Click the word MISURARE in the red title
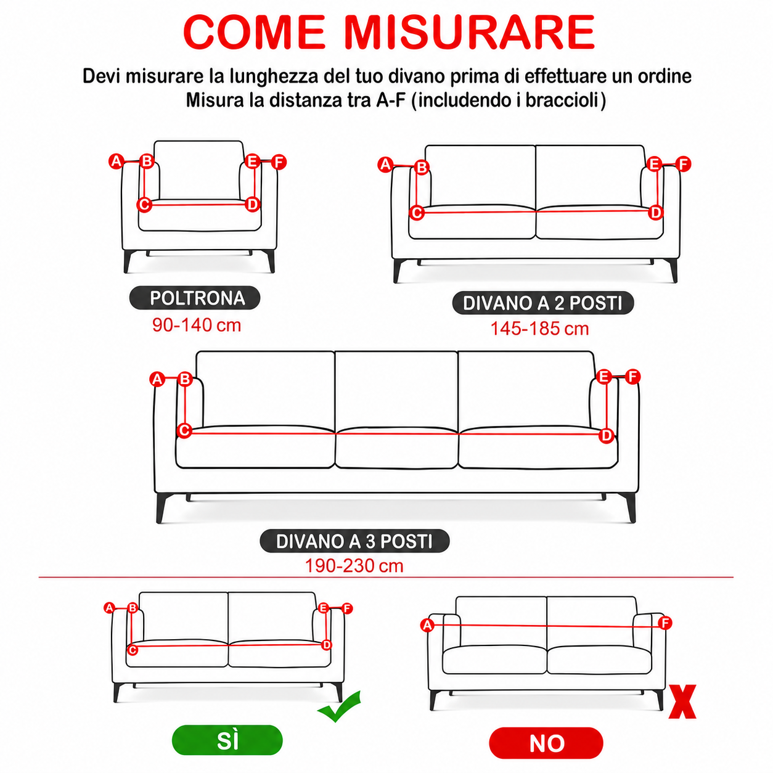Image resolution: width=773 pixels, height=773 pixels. tap(469, 33)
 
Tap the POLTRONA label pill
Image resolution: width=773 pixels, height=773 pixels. tap(195, 298)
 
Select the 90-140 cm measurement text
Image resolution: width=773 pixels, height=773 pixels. tap(197, 325)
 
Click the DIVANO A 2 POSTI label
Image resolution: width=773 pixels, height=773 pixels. tap(543, 303)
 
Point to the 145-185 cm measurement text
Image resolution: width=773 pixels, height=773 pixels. tap(539, 329)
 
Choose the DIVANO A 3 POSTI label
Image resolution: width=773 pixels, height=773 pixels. tap(354, 541)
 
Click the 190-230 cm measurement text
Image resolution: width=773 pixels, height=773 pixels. tap(354, 566)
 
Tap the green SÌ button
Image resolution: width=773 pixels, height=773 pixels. tap(227, 740)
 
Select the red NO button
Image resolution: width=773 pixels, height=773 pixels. tap(546, 743)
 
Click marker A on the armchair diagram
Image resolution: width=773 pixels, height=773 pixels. tap(117, 162)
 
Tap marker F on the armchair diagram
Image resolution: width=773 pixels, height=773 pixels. tap(279, 163)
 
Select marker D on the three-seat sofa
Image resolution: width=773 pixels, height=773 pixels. tap(606, 436)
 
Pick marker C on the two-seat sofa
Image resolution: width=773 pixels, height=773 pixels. tap(417, 213)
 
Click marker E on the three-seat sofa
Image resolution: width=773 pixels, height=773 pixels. tap(603, 377)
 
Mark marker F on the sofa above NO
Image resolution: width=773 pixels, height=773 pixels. tap(665, 623)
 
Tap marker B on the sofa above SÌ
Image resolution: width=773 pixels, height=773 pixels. tap(133, 608)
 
